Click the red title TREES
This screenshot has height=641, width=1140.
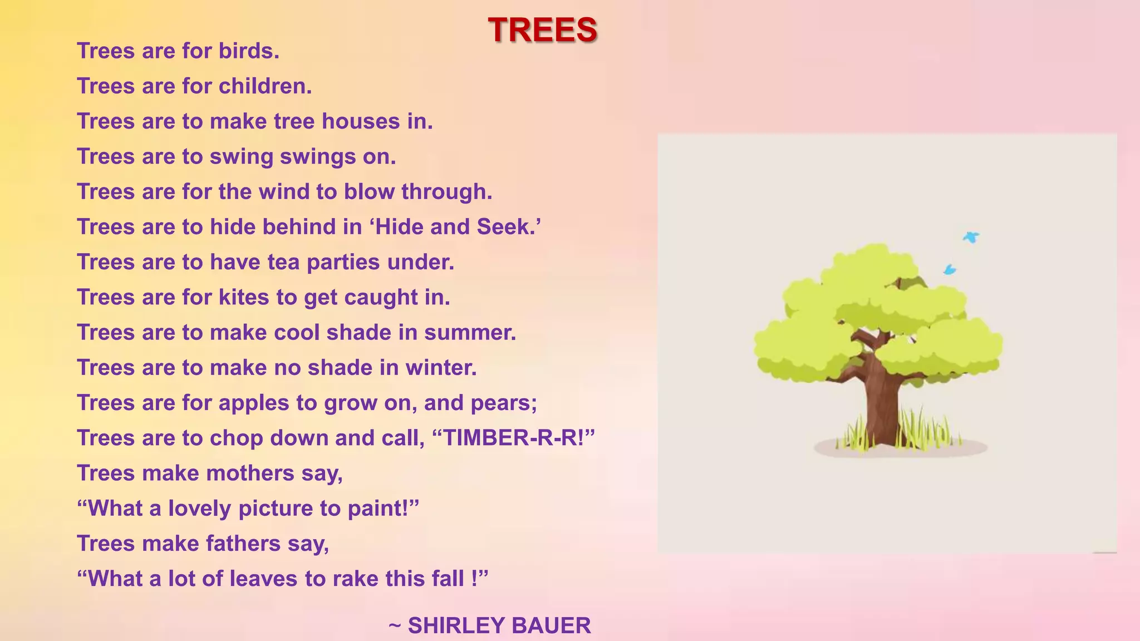(542, 29)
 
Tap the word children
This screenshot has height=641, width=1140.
(264, 86)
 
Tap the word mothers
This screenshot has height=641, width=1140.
(250, 474)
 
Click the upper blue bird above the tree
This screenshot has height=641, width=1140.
(971, 237)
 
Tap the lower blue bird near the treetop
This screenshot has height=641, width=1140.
(950, 270)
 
